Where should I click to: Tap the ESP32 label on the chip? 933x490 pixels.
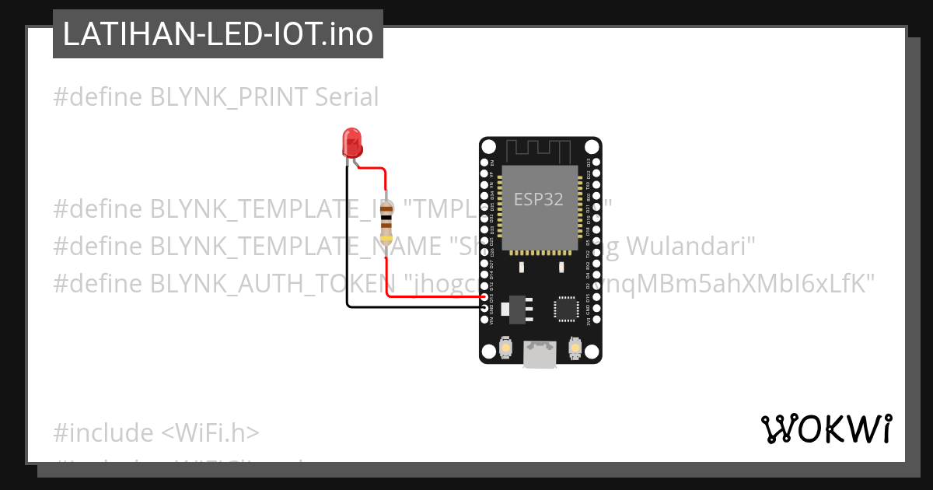pyautogui.click(x=540, y=198)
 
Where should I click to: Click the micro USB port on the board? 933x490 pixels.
pyautogui.click(x=540, y=354)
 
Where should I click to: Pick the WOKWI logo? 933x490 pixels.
pyautogui.click(x=826, y=429)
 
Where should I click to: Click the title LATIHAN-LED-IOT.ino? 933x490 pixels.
pyautogui.click(x=218, y=34)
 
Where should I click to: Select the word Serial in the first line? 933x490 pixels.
pyautogui.click(x=347, y=97)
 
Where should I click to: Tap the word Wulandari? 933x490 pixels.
pyautogui.click(x=691, y=246)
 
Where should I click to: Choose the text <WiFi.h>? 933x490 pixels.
pyautogui.click(x=210, y=432)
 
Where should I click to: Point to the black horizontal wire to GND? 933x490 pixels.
pyautogui.click(x=412, y=307)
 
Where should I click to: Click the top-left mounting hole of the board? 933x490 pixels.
pyautogui.click(x=488, y=146)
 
